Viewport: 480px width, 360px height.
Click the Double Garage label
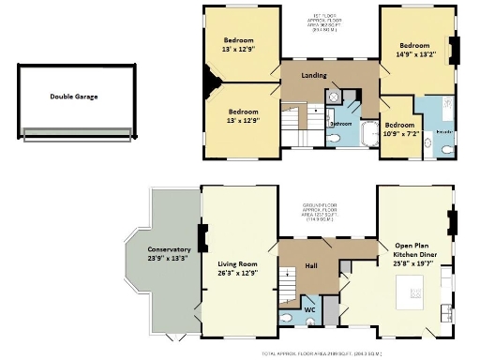pos(74,96)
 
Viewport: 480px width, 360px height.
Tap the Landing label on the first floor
pos(314,75)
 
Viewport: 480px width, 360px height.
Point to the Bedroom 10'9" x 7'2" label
pos(399,129)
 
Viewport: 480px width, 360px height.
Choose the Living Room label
pos(237,269)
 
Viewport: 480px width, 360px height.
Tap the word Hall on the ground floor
pos(312,266)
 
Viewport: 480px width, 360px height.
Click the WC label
pos(309,307)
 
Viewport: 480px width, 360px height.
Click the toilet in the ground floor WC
pos(310,322)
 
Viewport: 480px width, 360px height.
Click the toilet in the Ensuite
pos(428,143)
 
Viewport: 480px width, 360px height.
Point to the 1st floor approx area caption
pos(329,21)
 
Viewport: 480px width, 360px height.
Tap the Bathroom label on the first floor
pos(340,123)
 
